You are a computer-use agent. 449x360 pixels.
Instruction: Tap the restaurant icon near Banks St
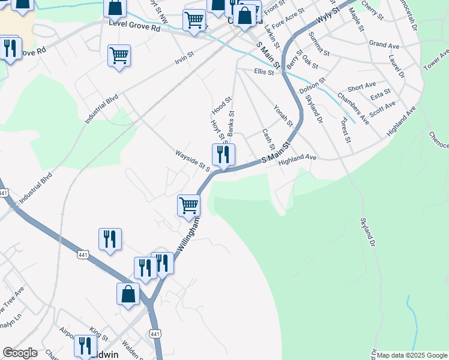(223, 155)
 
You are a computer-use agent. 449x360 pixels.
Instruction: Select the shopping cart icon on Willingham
(189, 205)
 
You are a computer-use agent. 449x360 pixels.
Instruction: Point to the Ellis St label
(264, 72)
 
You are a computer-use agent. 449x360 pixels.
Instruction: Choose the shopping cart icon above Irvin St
(119, 56)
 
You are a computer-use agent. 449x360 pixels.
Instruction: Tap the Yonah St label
(283, 116)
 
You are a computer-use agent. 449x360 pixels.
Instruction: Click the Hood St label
(221, 106)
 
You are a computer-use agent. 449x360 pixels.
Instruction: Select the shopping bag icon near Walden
(128, 294)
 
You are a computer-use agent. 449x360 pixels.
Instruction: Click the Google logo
(20, 353)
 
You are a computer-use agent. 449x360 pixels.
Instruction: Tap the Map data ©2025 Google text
(412, 355)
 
